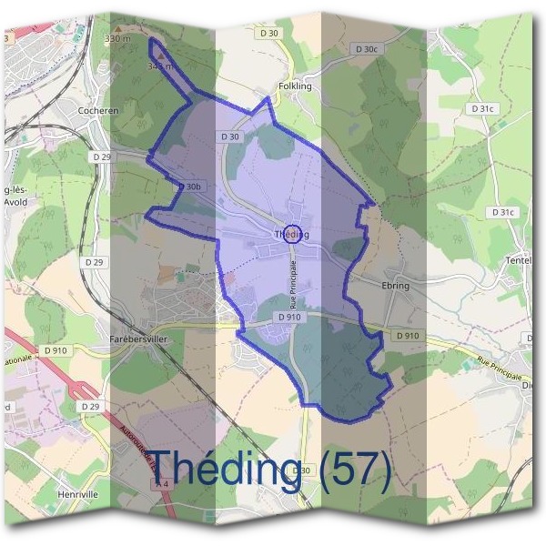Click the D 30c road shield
coord(366,49)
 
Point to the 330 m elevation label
coord(118,39)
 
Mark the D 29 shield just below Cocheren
coord(101,157)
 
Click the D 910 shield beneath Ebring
coord(408,336)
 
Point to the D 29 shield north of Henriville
coord(88,406)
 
